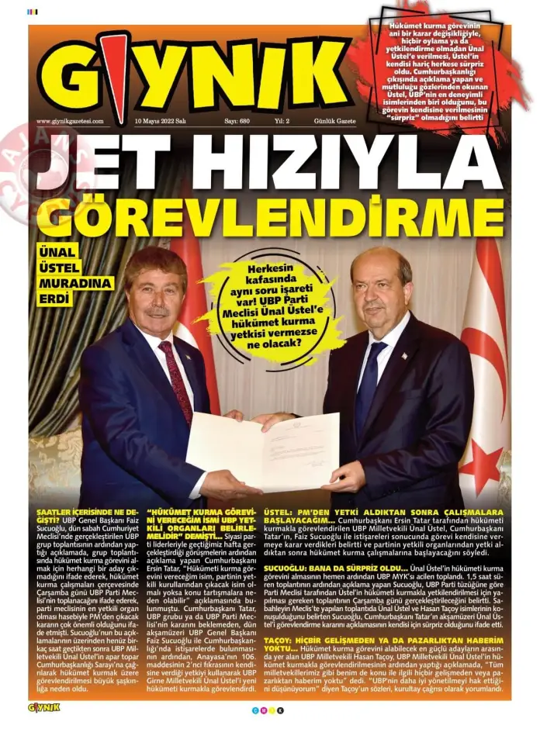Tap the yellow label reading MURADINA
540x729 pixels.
point(75,283)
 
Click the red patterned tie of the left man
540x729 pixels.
point(176,380)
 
